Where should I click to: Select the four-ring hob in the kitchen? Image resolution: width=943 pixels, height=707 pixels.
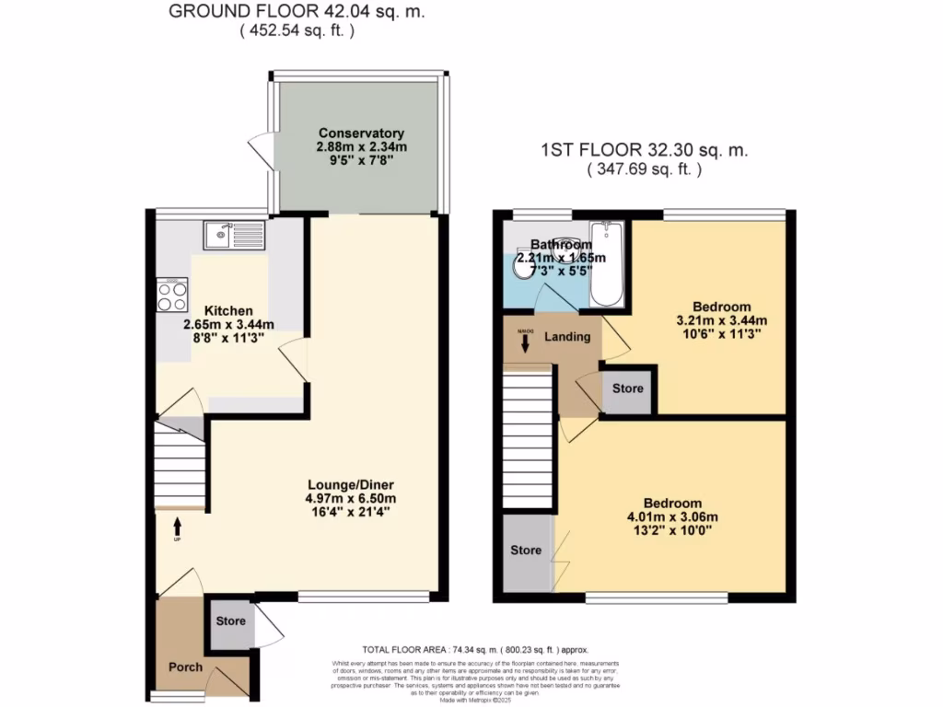171,295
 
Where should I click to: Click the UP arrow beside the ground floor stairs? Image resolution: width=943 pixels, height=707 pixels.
177,527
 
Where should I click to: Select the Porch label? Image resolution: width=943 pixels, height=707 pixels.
185,666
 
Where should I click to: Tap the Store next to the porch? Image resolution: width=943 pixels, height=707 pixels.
230,621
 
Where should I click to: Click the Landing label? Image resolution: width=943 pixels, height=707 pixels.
567,337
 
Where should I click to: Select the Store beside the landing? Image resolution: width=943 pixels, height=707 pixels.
627,388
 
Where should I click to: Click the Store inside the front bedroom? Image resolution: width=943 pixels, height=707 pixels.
526,551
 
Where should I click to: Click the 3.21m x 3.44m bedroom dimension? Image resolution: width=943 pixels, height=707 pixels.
721,320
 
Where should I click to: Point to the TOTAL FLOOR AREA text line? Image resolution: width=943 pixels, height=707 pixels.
473,649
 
